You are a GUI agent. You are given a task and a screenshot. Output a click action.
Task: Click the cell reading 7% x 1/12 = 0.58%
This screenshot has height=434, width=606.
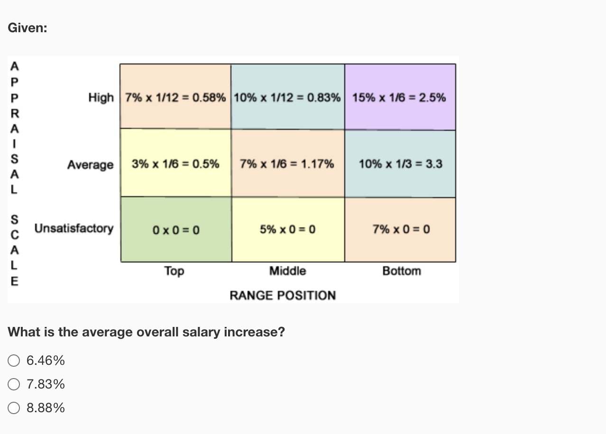click(175, 97)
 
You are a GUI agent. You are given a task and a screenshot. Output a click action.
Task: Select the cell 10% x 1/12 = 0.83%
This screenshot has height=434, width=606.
click(287, 97)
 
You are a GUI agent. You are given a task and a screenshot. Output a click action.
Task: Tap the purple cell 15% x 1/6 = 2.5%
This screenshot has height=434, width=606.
click(400, 97)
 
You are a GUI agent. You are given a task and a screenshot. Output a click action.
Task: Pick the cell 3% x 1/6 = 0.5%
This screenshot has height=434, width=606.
click(175, 164)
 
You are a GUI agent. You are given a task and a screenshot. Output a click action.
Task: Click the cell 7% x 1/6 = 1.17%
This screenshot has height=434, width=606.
click(287, 164)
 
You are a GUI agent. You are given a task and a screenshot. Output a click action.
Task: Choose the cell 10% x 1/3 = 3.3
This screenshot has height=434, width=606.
click(400, 164)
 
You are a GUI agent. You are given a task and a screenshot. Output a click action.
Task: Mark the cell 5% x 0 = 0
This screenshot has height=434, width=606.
click(287, 230)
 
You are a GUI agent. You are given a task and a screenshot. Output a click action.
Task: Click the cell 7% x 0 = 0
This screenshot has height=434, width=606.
click(400, 230)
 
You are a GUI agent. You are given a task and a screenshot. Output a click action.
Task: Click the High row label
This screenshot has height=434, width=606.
click(101, 98)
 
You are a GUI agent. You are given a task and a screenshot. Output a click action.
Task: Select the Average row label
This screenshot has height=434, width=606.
click(91, 165)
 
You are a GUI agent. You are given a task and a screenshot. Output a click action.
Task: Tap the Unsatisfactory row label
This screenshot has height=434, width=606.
click(74, 228)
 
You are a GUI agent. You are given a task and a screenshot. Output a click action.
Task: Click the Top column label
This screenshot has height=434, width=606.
click(174, 271)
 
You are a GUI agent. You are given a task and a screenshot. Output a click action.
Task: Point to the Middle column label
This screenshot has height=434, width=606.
click(287, 271)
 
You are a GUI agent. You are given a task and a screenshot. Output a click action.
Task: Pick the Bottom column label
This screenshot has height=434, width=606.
click(402, 271)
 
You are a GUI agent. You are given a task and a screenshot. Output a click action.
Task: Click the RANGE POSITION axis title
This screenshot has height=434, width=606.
click(283, 296)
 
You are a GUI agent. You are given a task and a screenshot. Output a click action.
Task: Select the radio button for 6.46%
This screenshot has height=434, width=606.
click(14, 361)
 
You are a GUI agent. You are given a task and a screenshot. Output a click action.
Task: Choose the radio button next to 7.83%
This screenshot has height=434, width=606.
click(14, 384)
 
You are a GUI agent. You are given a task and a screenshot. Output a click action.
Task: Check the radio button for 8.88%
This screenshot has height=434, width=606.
click(14, 408)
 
